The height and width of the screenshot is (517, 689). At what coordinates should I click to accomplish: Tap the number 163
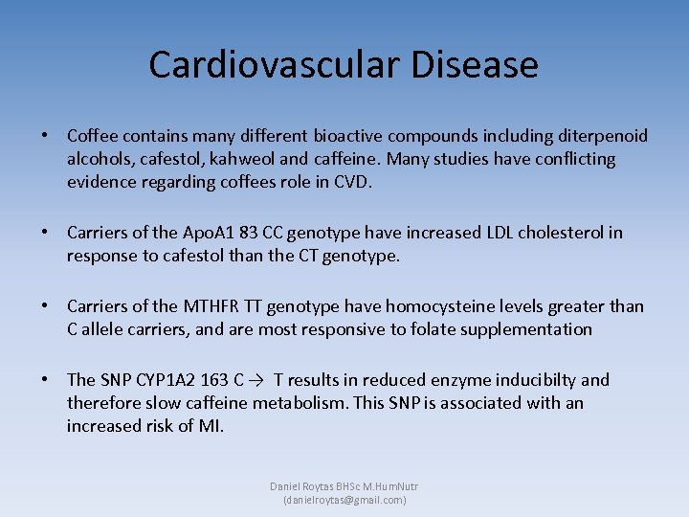[x=220, y=380]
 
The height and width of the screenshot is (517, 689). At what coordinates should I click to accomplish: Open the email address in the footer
[x=344, y=500]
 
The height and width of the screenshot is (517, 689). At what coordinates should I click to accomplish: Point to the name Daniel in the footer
[x=286, y=486]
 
